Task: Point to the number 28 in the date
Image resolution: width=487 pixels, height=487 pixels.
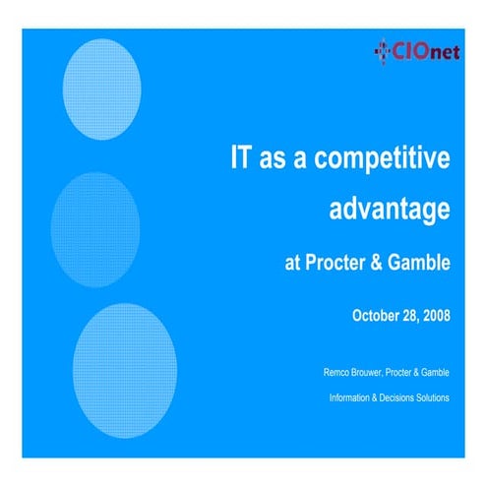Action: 407,316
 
